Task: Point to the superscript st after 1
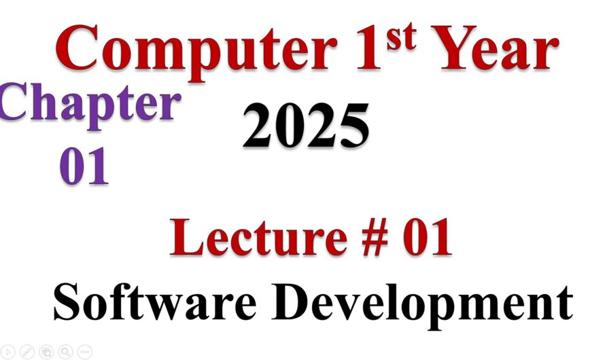click(400, 34)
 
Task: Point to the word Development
click(424, 302)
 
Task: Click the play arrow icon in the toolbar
click(8, 351)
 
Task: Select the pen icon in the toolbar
click(27, 351)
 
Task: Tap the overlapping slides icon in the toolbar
click(46, 351)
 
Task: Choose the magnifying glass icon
click(65, 351)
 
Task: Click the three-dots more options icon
click(84, 351)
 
